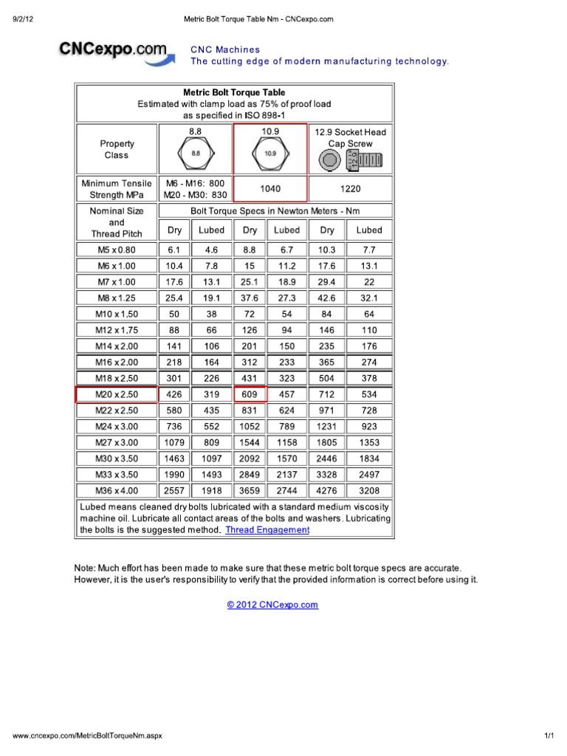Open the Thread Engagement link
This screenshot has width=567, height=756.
point(267,530)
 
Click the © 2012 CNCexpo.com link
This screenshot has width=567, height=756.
point(272,605)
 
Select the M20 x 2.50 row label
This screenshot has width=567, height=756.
point(117,394)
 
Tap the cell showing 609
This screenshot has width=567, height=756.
point(250,394)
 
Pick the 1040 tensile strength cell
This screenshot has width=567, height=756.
point(270,189)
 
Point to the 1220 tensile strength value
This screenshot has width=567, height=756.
point(351,189)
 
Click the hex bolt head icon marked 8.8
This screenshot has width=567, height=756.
point(196,154)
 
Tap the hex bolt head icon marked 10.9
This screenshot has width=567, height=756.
point(270,154)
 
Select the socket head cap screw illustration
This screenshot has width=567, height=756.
point(351,159)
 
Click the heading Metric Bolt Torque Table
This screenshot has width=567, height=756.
point(234,93)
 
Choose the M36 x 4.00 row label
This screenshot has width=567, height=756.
point(117,490)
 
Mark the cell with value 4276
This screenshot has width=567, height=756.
point(327,490)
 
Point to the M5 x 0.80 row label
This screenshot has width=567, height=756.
point(117,250)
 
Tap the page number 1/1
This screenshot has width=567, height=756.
point(549,736)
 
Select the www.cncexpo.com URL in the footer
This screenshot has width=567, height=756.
point(87,736)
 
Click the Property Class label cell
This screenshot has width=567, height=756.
point(117,150)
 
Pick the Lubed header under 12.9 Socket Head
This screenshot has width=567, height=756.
point(370,230)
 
